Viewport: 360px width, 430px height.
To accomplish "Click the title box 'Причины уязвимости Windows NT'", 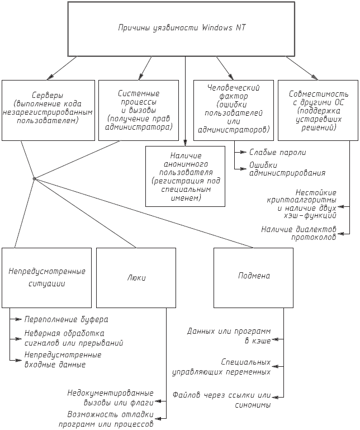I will pyautogui.click(x=182, y=27).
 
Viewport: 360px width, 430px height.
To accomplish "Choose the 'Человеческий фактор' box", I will pyautogui.click(x=233, y=110).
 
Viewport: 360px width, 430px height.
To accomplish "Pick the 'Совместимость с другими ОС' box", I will pyautogui.click(x=316, y=110).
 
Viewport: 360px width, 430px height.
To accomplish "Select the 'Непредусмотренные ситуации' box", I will pyautogui.click(x=46, y=277).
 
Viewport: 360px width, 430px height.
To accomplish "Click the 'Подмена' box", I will pyautogui.click(x=253, y=277).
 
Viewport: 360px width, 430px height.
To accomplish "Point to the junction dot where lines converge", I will pyautogui.click(x=34, y=178).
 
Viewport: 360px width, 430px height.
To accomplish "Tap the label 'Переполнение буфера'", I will pyautogui.click(x=66, y=319).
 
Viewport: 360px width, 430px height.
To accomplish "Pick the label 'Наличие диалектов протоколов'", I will pyautogui.click(x=299, y=233).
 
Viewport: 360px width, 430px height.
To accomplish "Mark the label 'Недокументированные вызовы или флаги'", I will pyautogui.click(x=110, y=396).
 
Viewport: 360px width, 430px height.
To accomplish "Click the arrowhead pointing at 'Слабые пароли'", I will pyautogui.click(x=243, y=152).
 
